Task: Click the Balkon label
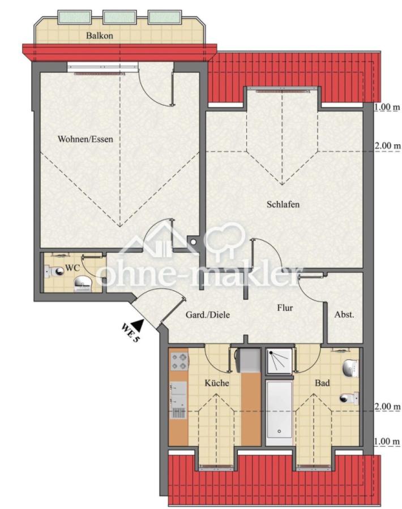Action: pos(100,36)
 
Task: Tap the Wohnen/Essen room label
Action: pos(85,139)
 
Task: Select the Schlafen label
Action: pos(283,205)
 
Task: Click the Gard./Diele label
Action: pos(208,314)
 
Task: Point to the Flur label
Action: pos(285,308)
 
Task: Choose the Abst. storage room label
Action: pos(344,314)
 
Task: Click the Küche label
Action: pos(217,383)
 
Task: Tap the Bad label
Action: pos(322,383)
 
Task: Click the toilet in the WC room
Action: pos(54,271)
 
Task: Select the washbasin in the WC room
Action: pos(84,284)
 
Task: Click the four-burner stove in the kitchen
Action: pos(179,361)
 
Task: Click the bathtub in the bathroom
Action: pos(279,413)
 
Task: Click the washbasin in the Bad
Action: pos(351,368)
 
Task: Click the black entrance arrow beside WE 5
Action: pos(139,324)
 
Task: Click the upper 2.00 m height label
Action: pos(388,146)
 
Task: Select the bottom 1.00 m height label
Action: pos(387,442)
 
